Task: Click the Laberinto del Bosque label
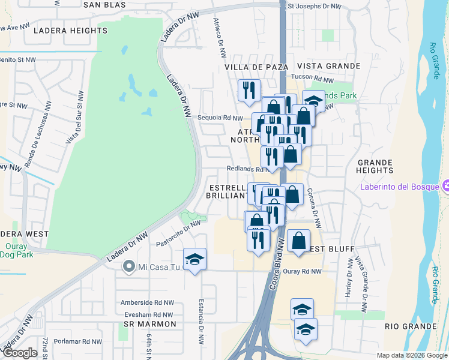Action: tap(399, 185)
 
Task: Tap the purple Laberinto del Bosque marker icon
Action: tap(445, 185)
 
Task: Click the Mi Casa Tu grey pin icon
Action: tap(128, 266)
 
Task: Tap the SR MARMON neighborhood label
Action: tap(150, 324)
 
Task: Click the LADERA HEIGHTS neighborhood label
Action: tap(70, 30)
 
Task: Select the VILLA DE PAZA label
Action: tap(256, 67)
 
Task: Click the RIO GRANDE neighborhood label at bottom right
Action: tap(409, 327)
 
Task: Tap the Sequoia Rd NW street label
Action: tap(220, 118)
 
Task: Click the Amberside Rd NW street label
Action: tap(147, 303)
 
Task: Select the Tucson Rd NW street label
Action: tap(312, 79)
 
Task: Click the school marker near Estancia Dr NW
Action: tap(194, 259)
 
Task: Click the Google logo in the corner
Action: tap(20, 353)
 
